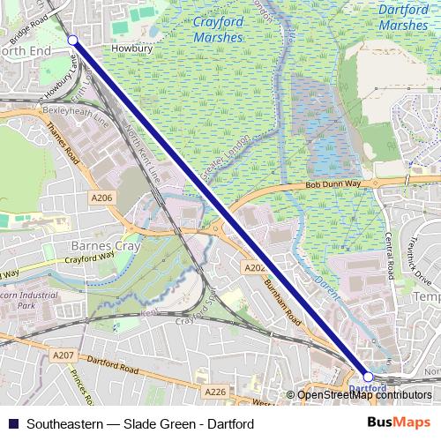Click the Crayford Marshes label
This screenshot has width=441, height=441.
tap(216, 31)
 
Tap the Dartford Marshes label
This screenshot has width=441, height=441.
tap(403, 18)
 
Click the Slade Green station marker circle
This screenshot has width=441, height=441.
tap(73, 40)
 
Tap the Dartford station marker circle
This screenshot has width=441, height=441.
tap(368, 377)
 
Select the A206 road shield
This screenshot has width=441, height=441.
tap(101, 198)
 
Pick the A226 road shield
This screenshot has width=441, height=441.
tap(214, 391)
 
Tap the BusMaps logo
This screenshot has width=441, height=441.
tap(400, 423)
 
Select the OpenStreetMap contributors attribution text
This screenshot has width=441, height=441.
tap(364, 395)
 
